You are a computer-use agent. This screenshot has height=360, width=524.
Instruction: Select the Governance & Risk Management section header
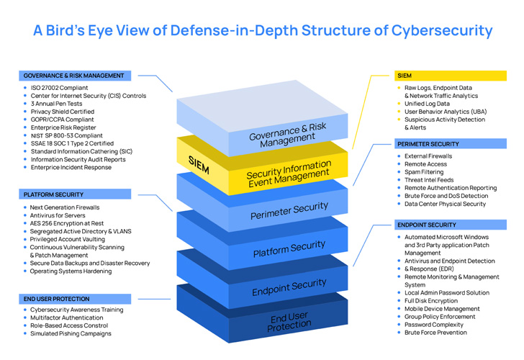point(74,76)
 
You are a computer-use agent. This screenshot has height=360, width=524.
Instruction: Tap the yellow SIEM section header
point(405,75)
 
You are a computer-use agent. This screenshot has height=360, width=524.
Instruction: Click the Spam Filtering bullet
point(425,173)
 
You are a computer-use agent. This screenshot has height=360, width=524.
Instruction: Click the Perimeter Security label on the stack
point(289,211)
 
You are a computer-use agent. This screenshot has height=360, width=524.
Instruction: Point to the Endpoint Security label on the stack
point(289,287)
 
